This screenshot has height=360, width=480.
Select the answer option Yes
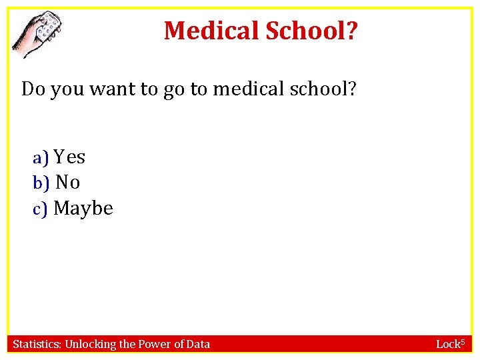(69, 157)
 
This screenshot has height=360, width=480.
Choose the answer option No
(67, 182)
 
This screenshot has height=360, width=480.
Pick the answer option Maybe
(83, 209)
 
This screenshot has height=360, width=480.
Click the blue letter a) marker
(41, 158)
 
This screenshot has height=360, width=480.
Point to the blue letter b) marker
(41, 183)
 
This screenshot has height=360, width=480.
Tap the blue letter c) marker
(41, 210)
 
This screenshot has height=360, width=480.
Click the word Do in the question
(33, 89)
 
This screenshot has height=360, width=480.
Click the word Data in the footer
(199, 344)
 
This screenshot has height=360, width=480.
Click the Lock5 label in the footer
(449, 344)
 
